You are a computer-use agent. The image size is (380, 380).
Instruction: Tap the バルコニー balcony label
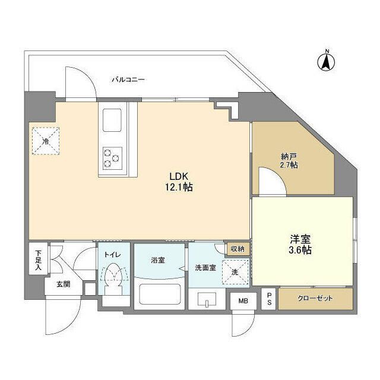click(x=128, y=79)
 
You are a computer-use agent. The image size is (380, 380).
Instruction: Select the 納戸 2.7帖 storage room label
click(x=290, y=160)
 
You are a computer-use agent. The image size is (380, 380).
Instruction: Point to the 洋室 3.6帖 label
click(x=300, y=245)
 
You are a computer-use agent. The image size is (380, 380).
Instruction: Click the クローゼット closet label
click(x=316, y=298)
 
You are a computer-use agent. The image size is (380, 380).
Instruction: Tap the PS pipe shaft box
click(x=268, y=298)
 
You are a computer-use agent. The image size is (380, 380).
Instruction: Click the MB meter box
click(x=243, y=301)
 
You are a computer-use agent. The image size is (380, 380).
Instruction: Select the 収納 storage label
click(x=237, y=249)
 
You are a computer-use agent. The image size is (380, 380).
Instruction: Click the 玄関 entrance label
click(x=63, y=284)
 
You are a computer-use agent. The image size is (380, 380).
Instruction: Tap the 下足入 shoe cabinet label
click(x=37, y=259)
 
